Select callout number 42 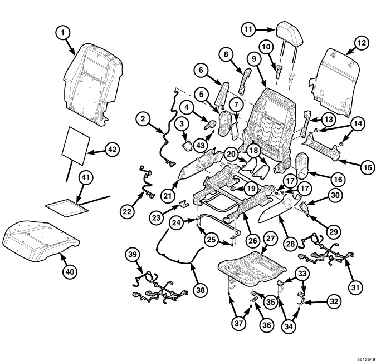[x=113, y=149]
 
